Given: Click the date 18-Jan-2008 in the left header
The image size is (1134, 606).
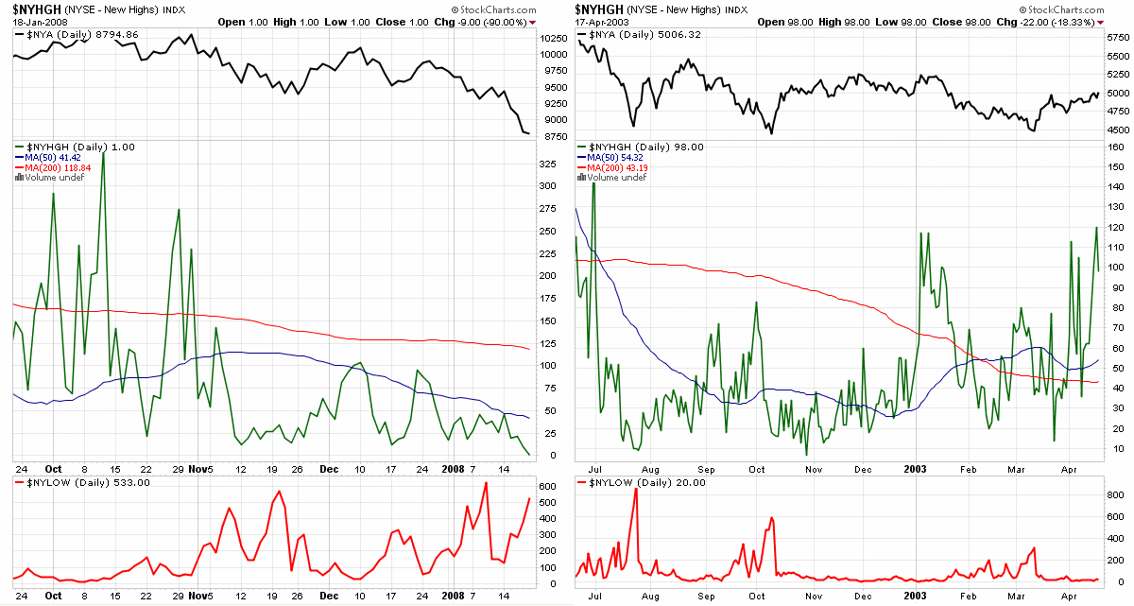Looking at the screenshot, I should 36,21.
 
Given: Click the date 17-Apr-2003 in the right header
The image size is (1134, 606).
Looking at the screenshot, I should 601,21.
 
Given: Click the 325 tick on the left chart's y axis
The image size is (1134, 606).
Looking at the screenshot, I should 547,164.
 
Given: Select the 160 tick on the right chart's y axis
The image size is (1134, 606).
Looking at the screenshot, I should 1115,148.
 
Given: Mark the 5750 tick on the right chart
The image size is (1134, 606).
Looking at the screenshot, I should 1116,38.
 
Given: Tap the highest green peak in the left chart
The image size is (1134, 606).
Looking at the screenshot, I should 103,151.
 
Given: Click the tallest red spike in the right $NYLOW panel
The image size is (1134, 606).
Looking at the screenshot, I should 636,489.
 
